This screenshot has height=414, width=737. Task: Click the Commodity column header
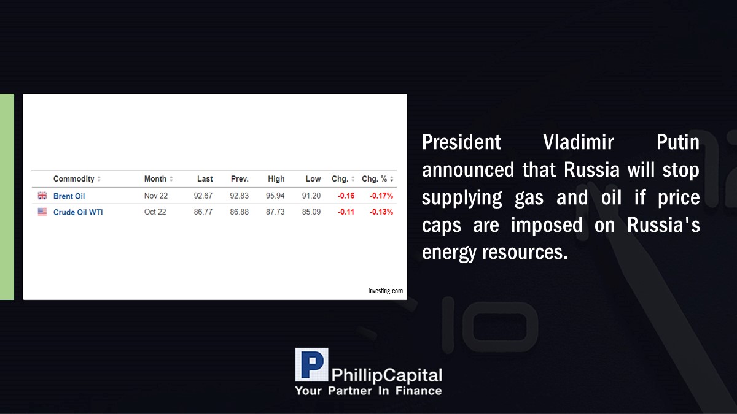click(74, 178)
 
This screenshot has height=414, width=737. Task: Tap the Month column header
click(155, 178)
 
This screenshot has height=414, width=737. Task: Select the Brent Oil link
click(69, 196)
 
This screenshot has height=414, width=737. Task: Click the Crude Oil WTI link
click(78, 212)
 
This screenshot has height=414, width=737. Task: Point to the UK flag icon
click(42, 196)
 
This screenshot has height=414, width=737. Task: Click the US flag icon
click(42, 212)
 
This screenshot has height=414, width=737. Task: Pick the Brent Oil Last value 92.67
click(203, 196)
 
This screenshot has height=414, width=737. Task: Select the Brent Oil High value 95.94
click(275, 196)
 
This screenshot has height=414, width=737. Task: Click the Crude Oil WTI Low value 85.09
click(311, 212)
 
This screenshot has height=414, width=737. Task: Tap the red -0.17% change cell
click(381, 196)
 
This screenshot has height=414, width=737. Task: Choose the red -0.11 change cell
click(346, 212)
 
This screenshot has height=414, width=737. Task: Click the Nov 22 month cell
click(156, 196)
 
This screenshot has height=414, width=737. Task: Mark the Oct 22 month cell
click(155, 212)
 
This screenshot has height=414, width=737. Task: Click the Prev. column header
click(240, 178)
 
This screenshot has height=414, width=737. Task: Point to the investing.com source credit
click(385, 291)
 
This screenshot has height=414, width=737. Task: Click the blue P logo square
click(311, 364)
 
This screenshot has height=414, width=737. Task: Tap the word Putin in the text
click(678, 142)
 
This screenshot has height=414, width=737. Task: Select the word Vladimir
click(579, 142)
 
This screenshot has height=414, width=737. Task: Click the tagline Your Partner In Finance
click(368, 391)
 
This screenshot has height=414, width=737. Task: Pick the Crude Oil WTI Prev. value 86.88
click(239, 212)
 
